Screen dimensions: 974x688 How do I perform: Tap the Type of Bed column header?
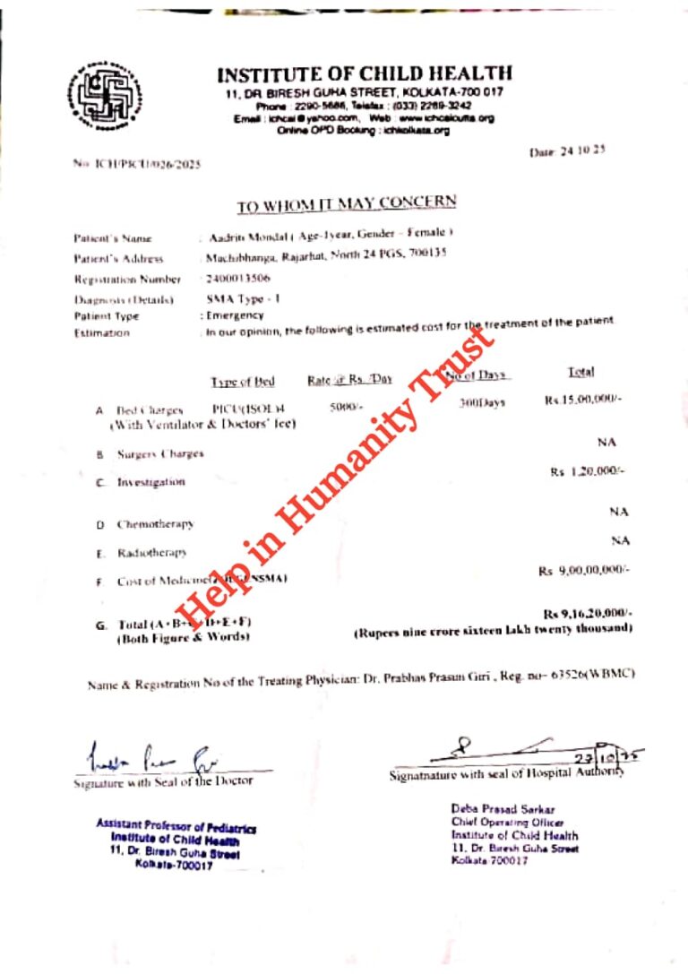coord(243,382)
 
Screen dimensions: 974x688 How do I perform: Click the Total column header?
coord(580,372)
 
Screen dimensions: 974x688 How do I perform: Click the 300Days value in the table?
coord(482,403)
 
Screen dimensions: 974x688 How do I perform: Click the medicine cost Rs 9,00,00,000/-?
coord(584,570)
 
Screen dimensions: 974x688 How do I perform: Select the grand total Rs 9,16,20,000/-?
coord(588,613)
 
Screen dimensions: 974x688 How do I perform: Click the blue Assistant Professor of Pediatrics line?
coord(176,827)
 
